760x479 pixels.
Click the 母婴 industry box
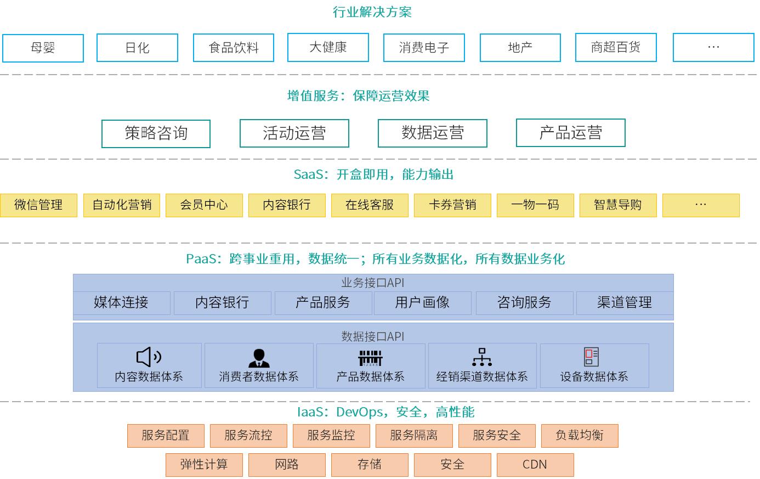[x=43, y=48]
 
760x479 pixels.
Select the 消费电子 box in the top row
[x=424, y=48]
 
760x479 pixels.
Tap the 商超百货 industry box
[x=616, y=48]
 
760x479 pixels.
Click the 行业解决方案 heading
[x=372, y=12]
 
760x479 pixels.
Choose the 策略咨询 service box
[x=156, y=133]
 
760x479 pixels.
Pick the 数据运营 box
[x=432, y=133]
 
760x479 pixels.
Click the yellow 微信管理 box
[x=38, y=205]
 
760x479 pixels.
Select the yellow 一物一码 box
[x=535, y=205]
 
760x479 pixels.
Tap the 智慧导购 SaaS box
[x=618, y=205]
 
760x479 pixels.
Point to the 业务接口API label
[x=373, y=283]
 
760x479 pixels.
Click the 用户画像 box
[x=422, y=302]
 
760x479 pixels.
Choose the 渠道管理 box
[x=625, y=302]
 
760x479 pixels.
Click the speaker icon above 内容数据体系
[x=149, y=357]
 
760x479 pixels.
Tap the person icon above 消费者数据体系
[x=259, y=358]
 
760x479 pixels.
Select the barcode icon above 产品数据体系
[x=370, y=358]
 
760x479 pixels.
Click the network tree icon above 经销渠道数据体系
[x=482, y=357]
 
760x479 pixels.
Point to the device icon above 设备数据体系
[x=592, y=357]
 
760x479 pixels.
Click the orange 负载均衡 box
[x=580, y=436]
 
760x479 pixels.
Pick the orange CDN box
[x=535, y=465]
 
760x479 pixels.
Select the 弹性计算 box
[x=204, y=465]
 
